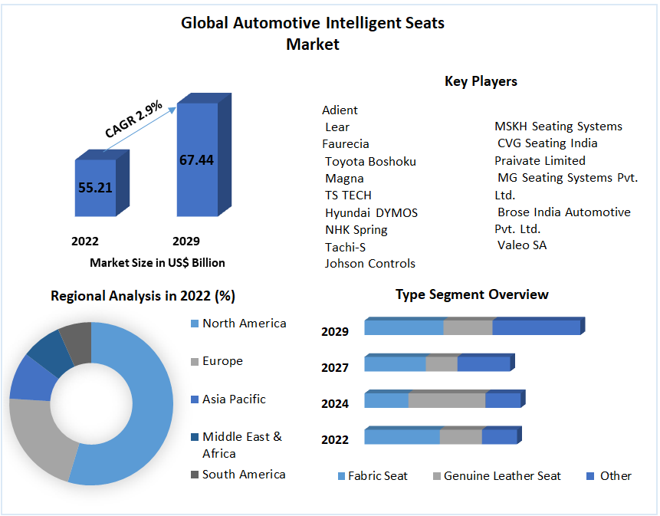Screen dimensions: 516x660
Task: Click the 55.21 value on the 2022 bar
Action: (x=95, y=186)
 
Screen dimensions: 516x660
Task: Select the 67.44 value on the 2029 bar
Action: (x=196, y=159)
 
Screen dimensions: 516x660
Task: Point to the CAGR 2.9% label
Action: (x=133, y=120)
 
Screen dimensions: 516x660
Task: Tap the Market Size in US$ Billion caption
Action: (x=157, y=262)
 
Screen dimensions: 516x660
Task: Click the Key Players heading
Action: (x=481, y=81)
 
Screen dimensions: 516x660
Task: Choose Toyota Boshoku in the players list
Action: (x=370, y=161)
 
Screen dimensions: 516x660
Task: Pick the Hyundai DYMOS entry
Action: (x=371, y=212)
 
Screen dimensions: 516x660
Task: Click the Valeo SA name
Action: (x=522, y=245)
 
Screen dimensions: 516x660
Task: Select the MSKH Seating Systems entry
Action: (x=558, y=126)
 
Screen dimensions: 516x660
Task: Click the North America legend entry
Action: (x=244, y=324)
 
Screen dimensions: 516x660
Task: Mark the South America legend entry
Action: (x=244, y=475)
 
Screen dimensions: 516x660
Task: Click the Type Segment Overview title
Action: (x=471, y=294)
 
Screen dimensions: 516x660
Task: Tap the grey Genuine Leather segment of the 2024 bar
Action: (x=447, y=400)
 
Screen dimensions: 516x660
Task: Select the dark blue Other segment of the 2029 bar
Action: (x=536, y=327)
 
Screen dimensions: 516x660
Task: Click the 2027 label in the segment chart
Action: (x=335, y=368)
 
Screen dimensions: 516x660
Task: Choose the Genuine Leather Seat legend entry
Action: (x=502, y=476)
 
